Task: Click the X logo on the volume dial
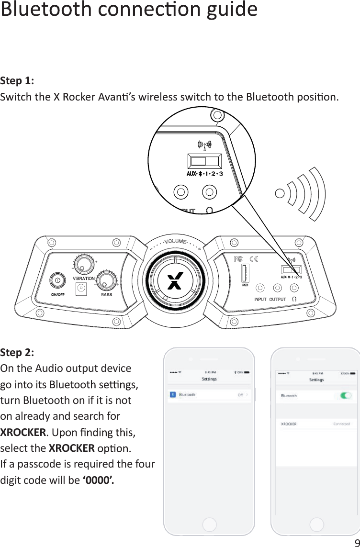point(175,281)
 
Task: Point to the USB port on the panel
point(245,274)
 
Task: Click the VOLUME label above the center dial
point(175,241)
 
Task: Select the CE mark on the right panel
point(254,259)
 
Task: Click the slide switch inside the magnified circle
point(204,161)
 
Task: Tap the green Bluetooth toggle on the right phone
point(346,396)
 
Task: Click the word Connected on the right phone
point(341,424)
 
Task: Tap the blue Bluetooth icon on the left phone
point(173,395)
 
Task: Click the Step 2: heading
point(17,353)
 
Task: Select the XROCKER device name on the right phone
point(289,424)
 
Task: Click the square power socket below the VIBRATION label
point(81,288)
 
